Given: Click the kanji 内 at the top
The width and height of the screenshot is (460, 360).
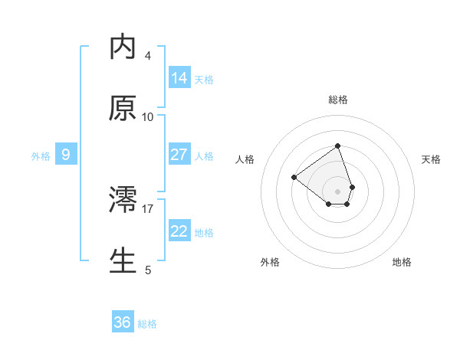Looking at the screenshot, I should (x=123, y=47).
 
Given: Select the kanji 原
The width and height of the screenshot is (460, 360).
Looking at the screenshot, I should (x=123, y=109).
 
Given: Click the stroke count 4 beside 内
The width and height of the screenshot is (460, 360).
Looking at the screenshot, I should (x=148, y=56).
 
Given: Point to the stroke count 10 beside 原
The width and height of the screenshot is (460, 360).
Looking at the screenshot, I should (x=148, y=117).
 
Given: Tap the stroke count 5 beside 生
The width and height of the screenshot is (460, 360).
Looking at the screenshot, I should (x=148, y=269).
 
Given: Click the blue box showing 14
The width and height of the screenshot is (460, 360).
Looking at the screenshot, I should (x=179, y=78).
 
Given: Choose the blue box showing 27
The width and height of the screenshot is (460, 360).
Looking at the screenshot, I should (x=179, y=155).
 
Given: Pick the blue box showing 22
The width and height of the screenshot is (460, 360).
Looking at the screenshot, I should (x=179, y=231).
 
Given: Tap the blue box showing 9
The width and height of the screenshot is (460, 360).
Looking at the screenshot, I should (x=66, y=155).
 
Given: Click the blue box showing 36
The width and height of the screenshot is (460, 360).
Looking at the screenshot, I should (x=123, y=322).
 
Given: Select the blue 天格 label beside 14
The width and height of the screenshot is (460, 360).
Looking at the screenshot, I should (x=204, y=80).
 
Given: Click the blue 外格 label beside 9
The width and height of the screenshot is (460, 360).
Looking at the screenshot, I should (x=41, y=156).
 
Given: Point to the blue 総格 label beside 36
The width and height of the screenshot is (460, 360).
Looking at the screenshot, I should (x=147, y=324).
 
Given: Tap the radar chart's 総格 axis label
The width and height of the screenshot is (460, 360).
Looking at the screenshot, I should (x=337, y=100).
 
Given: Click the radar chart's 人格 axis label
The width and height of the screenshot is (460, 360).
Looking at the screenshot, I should (x=245, y=159).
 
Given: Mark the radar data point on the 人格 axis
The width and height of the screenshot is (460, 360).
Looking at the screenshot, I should (x=294, y=178).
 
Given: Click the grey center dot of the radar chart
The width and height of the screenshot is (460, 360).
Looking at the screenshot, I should (x=337, y=191).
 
